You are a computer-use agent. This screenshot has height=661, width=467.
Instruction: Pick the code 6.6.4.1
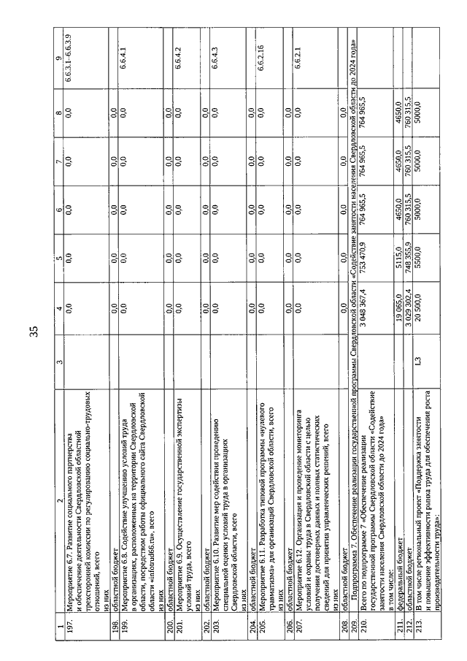point(122,58)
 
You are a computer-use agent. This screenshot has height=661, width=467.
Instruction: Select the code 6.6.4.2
point(174,58)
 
